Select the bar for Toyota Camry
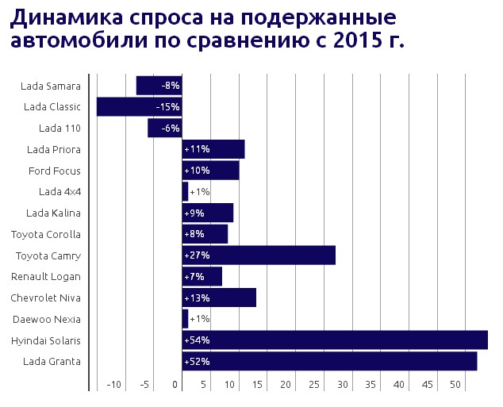pos(259,255)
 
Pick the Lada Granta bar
pos(329,362)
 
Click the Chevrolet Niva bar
pos(219,298)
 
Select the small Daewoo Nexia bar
pos(186,319)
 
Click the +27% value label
pos(197,255)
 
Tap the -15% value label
pos(167,106)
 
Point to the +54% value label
pos(197,340)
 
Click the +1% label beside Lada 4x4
pos(199,192)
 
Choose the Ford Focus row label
pos(55,171)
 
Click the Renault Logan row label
pos(46,277)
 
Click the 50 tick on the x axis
pos(455,385)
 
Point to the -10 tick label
pos(115,385)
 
